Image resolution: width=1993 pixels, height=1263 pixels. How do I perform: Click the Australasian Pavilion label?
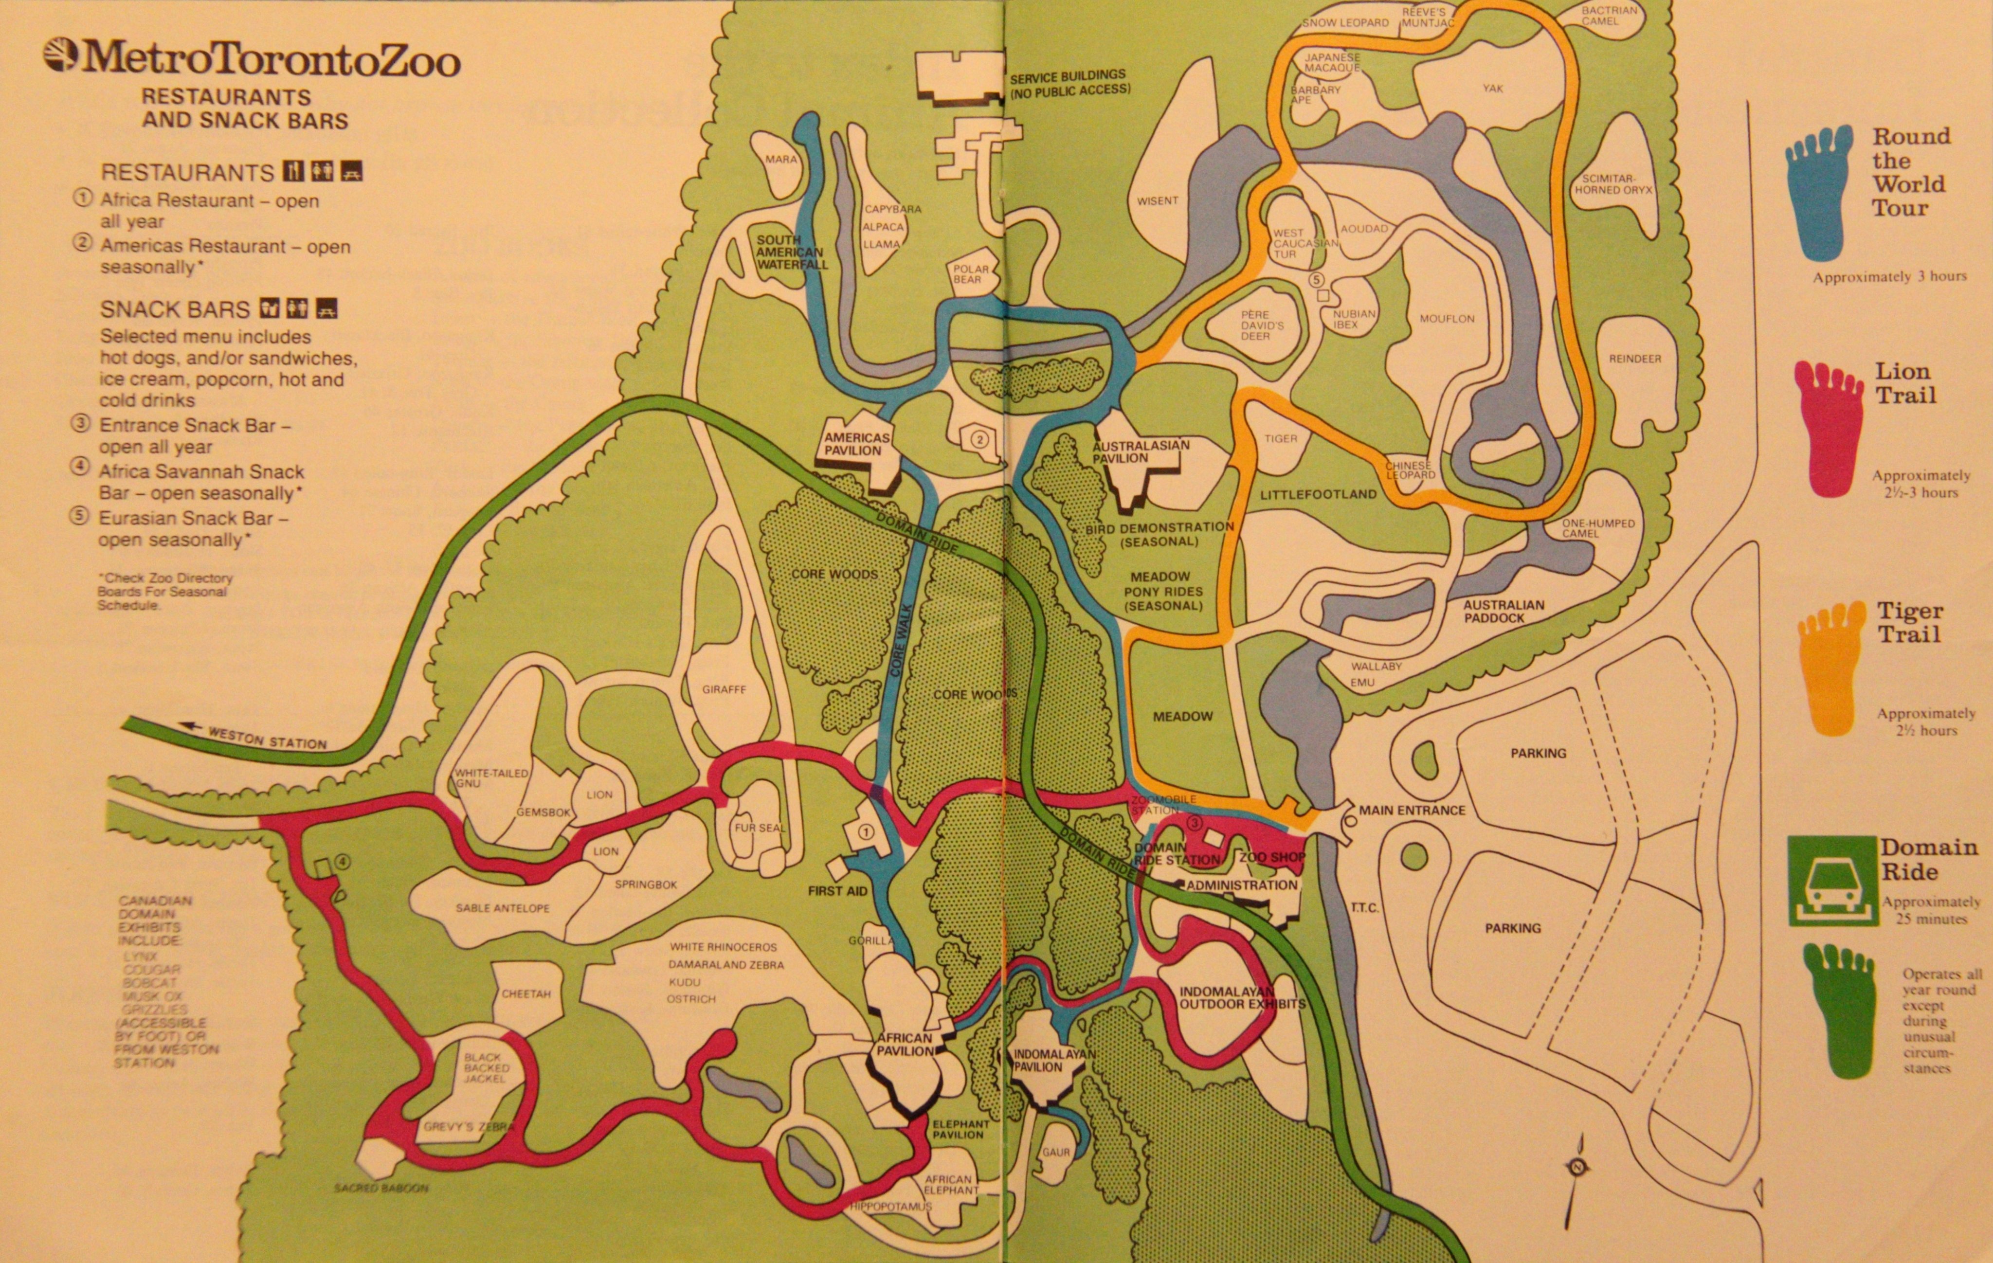[x=1141, y=451]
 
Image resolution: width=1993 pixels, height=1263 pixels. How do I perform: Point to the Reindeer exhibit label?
[x=1634, y=359]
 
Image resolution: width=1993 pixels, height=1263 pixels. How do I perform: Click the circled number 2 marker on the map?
[x=979, y=439]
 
